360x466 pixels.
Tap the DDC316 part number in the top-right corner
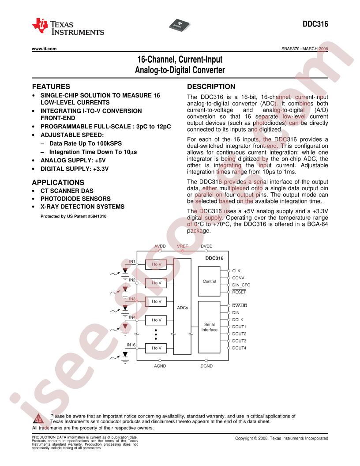click(x=315, y=24)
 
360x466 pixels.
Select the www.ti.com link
click(x=44, y=49)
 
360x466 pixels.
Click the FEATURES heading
click(x=51, y=86)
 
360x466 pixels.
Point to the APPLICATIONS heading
click(x=58, y=183)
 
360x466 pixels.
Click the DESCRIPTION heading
click(x=211, y=86)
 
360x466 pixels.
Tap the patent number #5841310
click(x=97, y=216)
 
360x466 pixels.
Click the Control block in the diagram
click(x=209, y=281)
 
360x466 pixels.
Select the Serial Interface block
click(x=209, y=327)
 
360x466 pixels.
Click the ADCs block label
click(x=182, y=308)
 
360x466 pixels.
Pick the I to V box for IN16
click(x=156, y=348)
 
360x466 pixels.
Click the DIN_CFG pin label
click(x=241, y=285)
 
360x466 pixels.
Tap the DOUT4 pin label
click(x=239, y=348)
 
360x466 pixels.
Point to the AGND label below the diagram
click(x=160, y=366)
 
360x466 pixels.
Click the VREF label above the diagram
click(x=182, y=246)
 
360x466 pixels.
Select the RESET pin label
click(x=239, y=292)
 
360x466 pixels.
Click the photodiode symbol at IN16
click(x=125, y=354)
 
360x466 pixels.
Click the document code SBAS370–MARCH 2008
click(x=305, y=49)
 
